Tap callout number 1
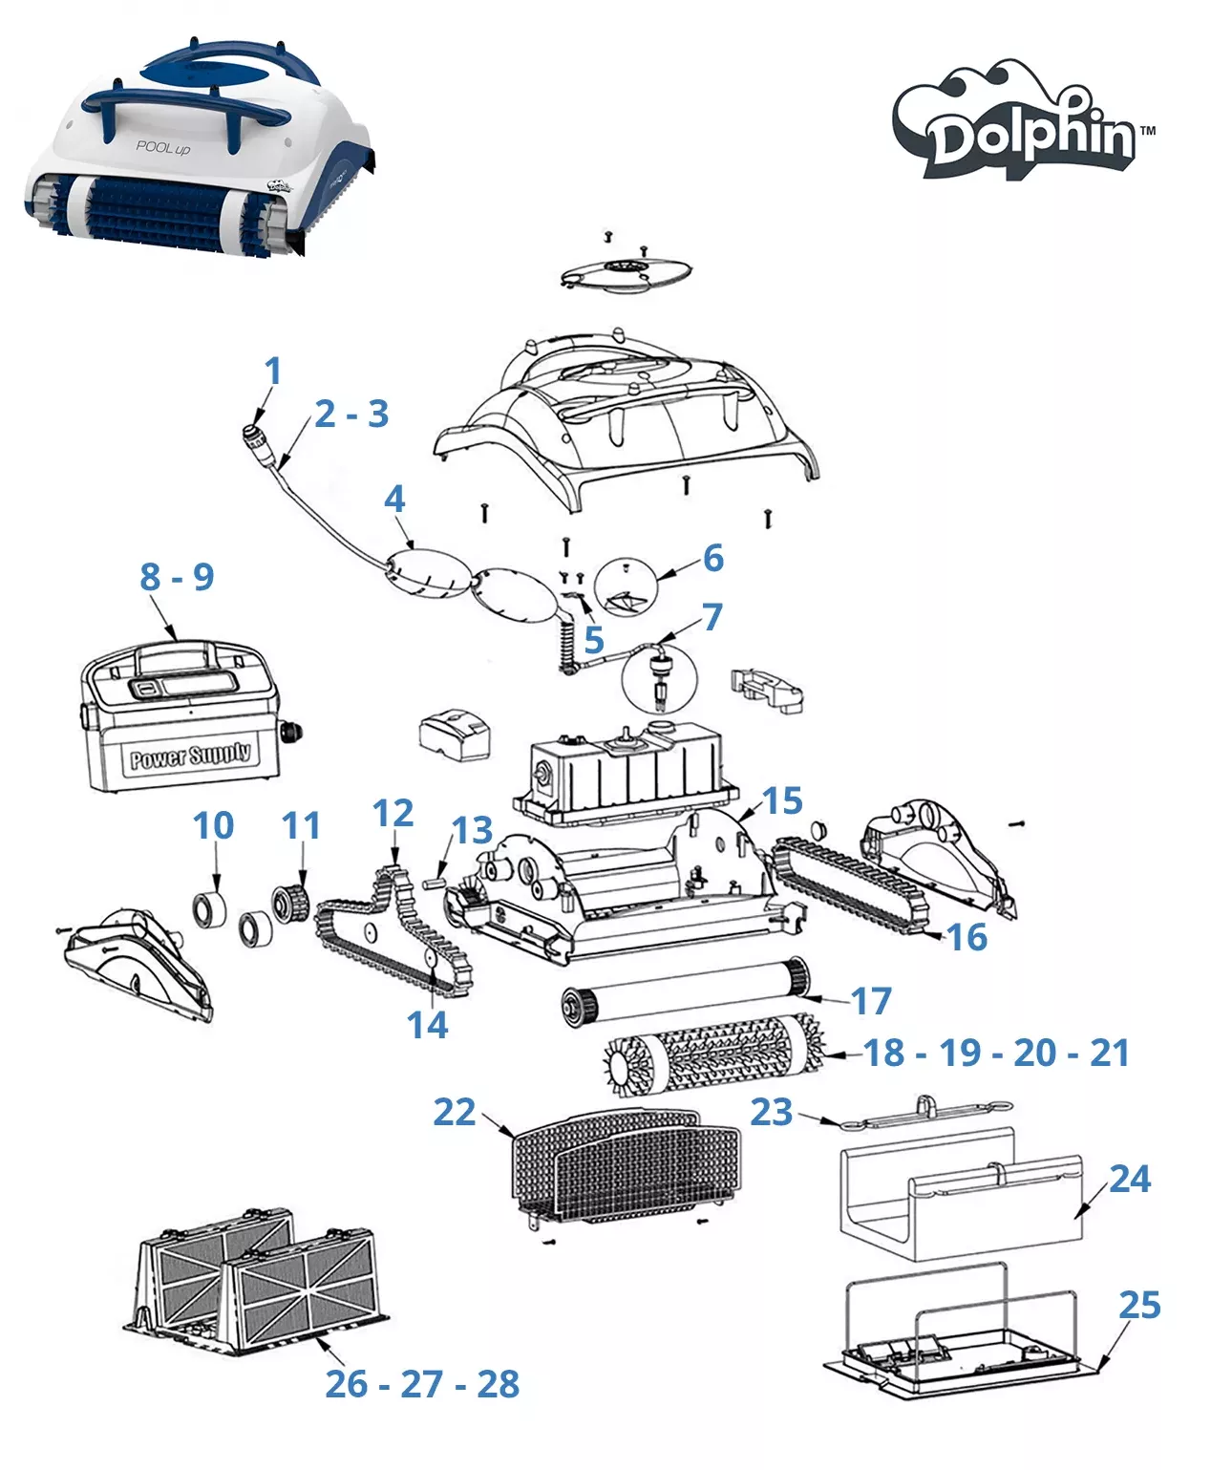pos(273,371)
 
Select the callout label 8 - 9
pos(177,577)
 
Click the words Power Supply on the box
pos(190,756)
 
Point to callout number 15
pos(782,800)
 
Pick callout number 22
pos(455,1113)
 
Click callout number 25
pos(1139,1305)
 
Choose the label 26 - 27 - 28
pos(422,1383)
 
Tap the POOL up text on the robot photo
pos(162,148)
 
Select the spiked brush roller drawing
pos(714,1055)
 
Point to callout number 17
pos(871,1000)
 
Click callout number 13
pos(472,830)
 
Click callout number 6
pos(713,558)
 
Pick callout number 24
pos(1129,1179)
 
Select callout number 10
pos(213,825)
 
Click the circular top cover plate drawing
pos(626,273)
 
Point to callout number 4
pos(394,500)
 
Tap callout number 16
pos(967,937)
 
